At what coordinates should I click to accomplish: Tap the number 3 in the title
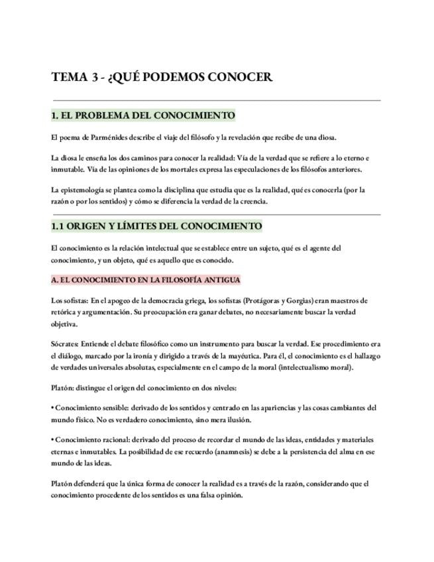click(x=96, y=77)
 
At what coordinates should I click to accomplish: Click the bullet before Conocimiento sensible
click(x=52, y=408)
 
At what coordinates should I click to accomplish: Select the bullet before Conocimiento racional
click(x=52, y=439)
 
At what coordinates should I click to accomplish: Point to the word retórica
click(x=63, y=312)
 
